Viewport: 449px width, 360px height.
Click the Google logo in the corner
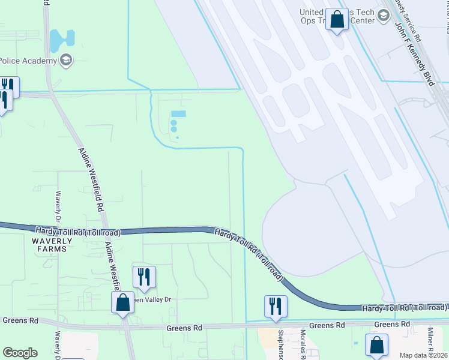[20, 353]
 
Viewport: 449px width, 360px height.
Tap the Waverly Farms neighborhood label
[52, 245]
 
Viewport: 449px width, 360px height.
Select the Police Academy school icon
[66, 60]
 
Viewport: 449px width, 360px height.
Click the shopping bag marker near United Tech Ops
[337, 20]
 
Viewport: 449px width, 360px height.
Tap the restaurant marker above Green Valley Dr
[144, 277]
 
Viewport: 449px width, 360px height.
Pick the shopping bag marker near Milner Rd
[376, 346]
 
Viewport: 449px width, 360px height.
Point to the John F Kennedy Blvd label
[414, 55]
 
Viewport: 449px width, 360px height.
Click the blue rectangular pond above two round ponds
[178, 114]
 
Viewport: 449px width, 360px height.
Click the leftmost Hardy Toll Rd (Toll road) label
[78, 232]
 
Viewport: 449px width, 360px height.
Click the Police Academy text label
[28, 61]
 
